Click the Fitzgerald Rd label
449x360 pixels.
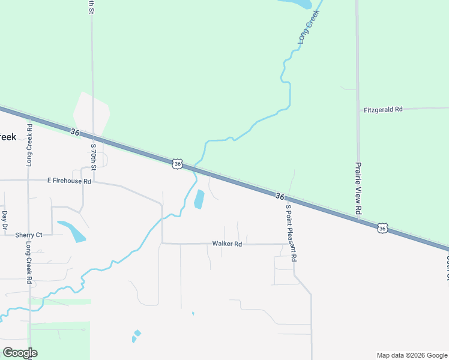[383, 110]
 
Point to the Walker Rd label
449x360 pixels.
[227, 244]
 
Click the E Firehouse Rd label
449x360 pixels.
[69, 181]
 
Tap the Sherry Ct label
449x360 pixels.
[29, 235]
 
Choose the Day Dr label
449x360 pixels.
[5, 220]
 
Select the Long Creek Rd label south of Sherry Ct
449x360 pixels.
[29, 263]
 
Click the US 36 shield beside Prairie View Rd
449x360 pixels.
[382, 228]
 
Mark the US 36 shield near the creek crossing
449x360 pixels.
[176, 164]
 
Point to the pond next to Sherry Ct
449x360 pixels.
[72, 231]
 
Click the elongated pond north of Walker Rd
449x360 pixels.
[199, 200]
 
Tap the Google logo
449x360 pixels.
[19, 353]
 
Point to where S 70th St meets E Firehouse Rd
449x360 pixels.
[93, 181]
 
